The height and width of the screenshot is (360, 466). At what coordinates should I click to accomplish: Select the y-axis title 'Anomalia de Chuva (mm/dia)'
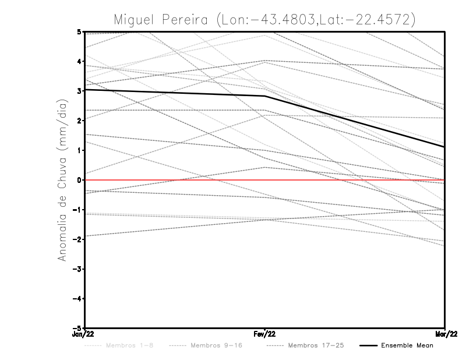[62, 179]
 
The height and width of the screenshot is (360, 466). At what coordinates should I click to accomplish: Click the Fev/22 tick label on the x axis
[264, 335]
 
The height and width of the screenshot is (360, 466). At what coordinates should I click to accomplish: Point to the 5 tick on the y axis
[79, 31]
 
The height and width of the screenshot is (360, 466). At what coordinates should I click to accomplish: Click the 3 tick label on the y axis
[79, 91]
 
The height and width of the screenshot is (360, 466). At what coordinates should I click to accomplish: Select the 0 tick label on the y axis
[79, 180]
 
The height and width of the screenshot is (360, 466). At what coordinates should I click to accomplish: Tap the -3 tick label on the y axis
[77, 269]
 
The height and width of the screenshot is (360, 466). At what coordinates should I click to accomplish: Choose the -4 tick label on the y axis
[77, 299]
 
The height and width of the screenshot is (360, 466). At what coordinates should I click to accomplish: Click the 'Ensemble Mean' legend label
[407, 345]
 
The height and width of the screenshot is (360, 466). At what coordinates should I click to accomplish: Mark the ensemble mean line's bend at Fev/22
[264, 96]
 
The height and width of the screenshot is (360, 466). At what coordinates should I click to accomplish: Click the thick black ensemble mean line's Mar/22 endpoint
[444, 147]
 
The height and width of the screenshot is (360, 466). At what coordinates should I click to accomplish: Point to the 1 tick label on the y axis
[79, 150]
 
